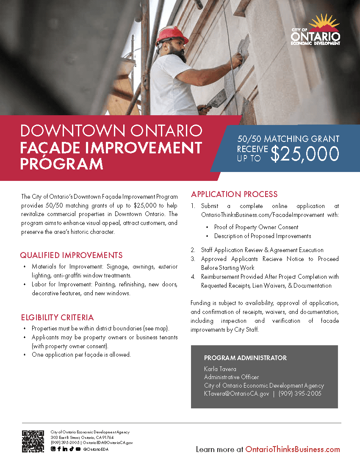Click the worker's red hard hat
point(172,35)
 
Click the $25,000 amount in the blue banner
point(305,153)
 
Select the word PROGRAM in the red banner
point(62,163)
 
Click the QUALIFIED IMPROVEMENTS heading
point(71,255)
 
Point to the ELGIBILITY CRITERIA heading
point(57,317)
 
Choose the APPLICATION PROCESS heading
point(234,194)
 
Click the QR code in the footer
point(33,441)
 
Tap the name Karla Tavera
point(220,369)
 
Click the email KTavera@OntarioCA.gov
point(236,394)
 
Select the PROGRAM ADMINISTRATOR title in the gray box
point(245,358)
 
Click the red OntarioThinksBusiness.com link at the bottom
point(293,449)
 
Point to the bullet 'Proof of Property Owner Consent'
point(256,227)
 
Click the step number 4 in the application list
point(193,277)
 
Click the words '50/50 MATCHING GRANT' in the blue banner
point(288,139)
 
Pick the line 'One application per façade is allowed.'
point(81,355)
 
